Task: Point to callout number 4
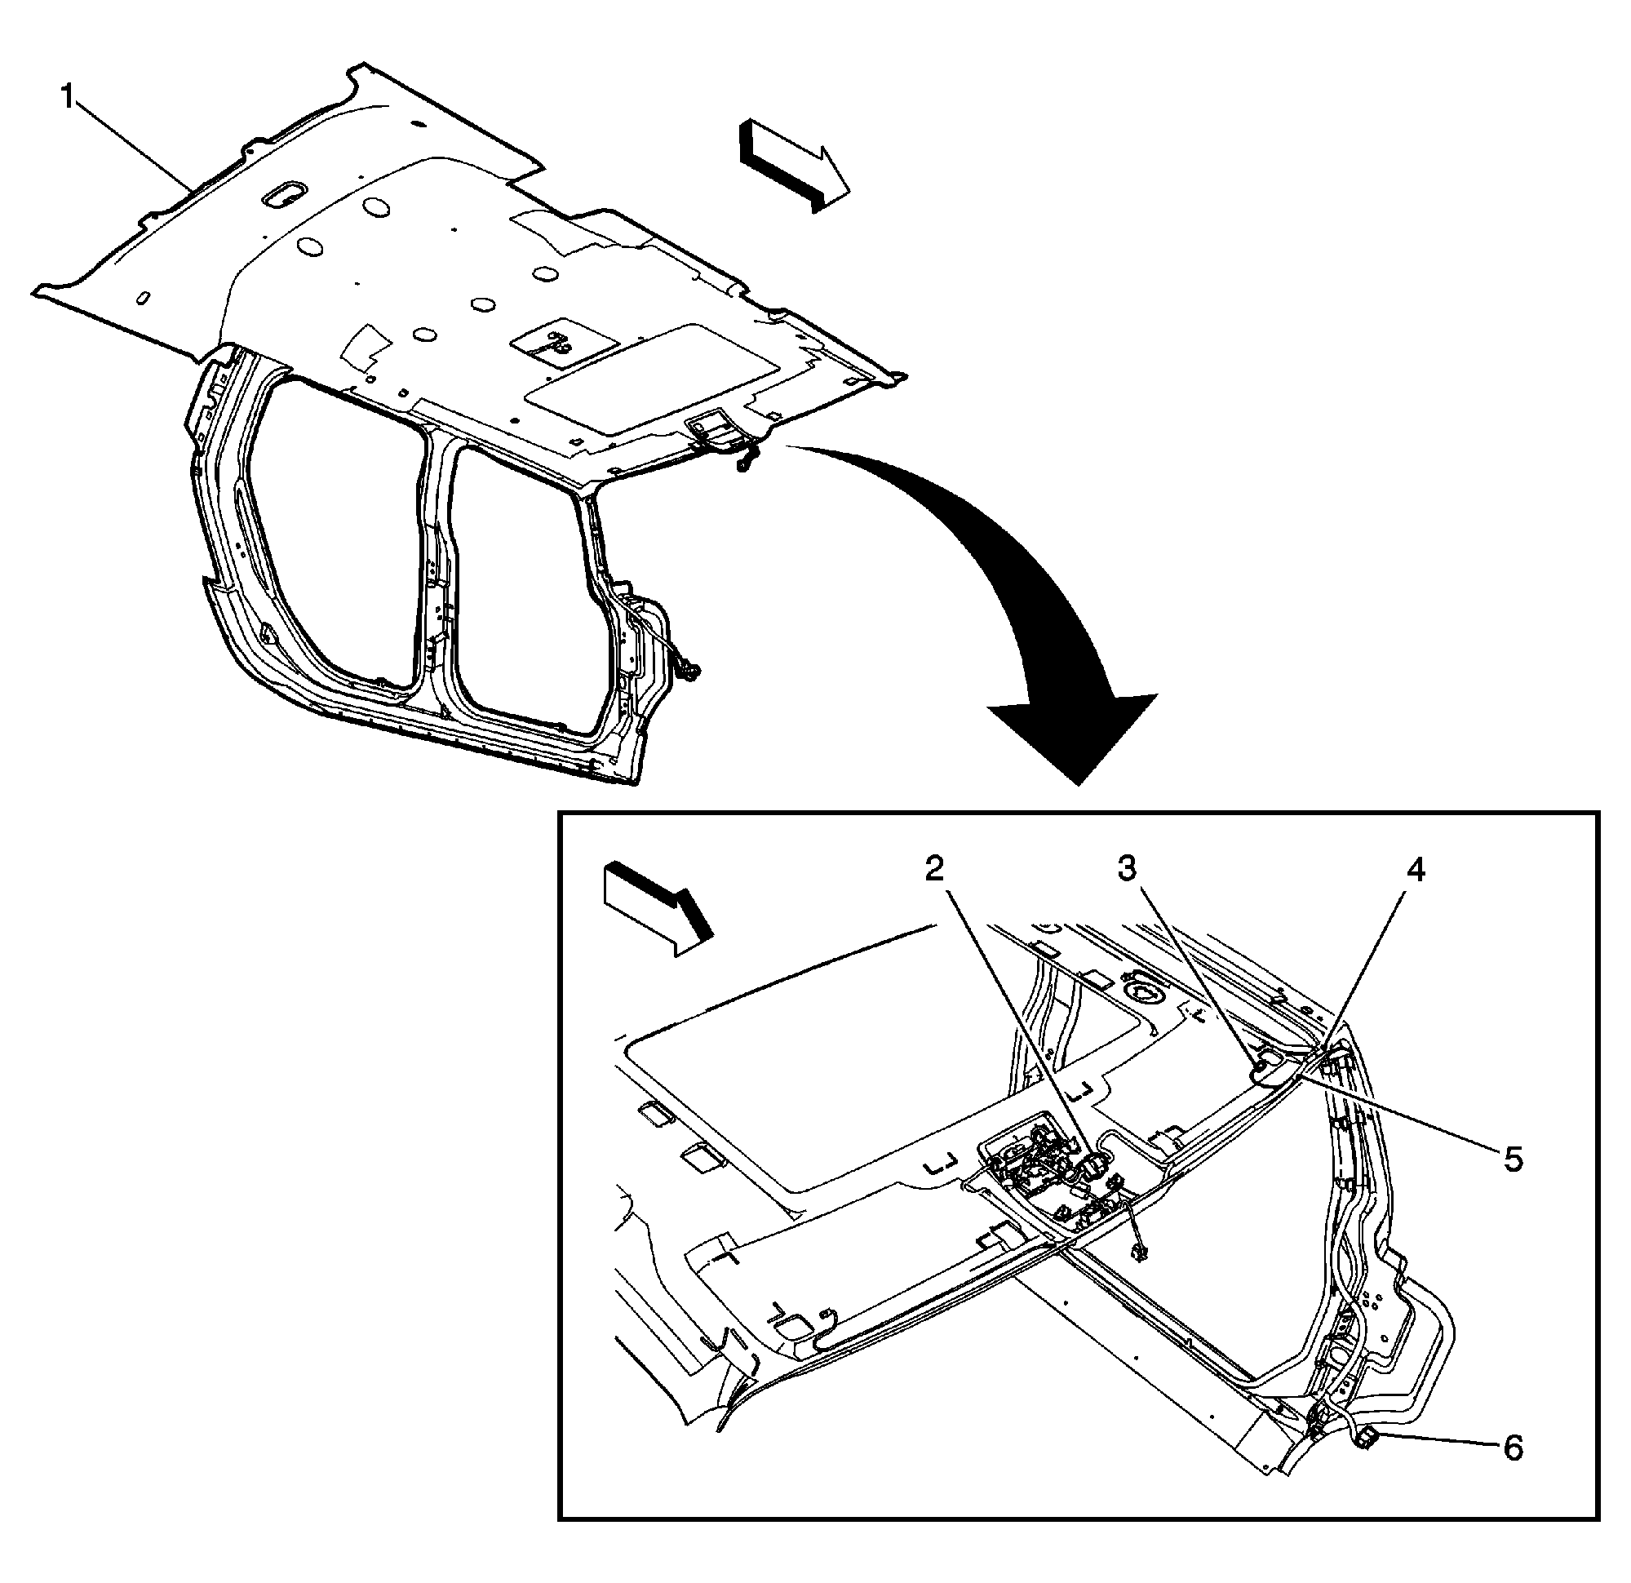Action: click(x=1416, y=871)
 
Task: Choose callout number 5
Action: click(x=1512, y=1160)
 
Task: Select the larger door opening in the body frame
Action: click(x=333, y=533)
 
